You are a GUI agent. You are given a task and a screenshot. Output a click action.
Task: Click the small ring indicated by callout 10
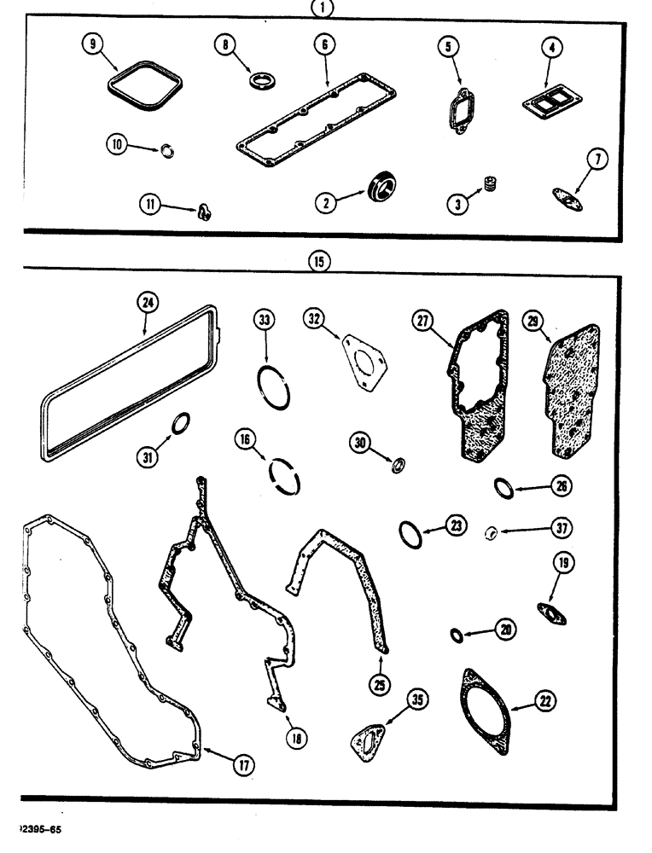tap(169, 151)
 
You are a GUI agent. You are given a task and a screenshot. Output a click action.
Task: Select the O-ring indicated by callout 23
tap(410, 534)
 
